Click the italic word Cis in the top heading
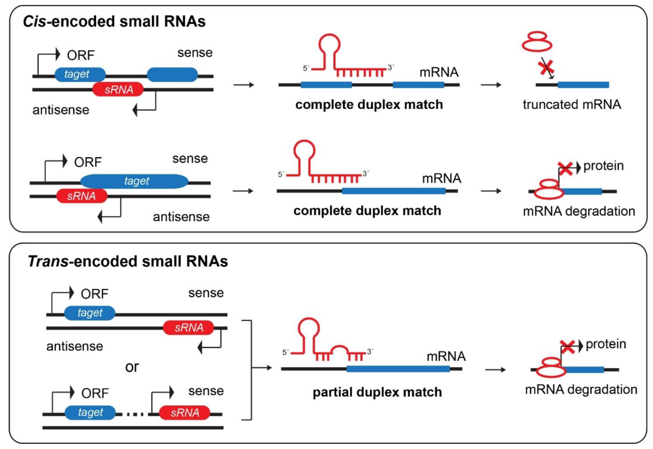tap(34, 21)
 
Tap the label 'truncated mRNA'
tap(572, 105)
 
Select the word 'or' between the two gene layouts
tap(132, 367)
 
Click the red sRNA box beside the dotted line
tap(185, 413)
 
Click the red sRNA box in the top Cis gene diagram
tap(118, 89)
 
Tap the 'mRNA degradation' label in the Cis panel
tap(579, 211)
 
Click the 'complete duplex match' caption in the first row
tap(369, 105)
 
